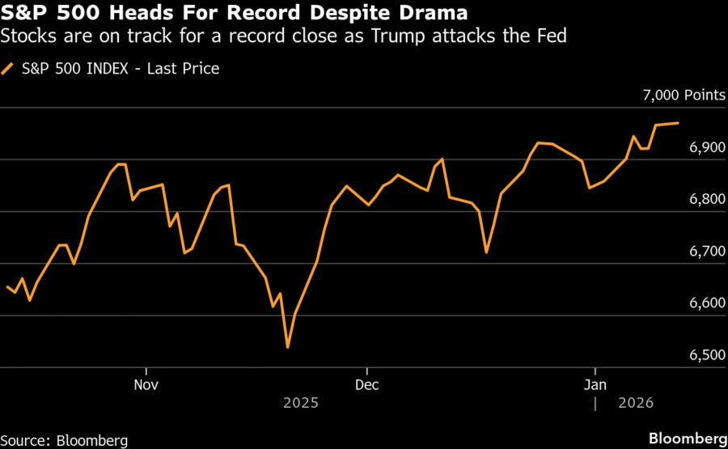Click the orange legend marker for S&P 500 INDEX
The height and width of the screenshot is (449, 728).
point(9,70)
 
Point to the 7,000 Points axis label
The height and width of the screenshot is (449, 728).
point(684,95)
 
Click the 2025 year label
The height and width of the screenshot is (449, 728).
point(300,402)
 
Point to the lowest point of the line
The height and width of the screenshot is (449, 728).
point(288,348)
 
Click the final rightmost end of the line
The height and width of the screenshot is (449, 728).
point(678,123)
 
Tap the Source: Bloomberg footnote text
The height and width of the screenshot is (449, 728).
point(64,440)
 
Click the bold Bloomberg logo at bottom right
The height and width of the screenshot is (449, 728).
point(688,439)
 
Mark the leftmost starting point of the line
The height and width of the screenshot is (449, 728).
point(6,286)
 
